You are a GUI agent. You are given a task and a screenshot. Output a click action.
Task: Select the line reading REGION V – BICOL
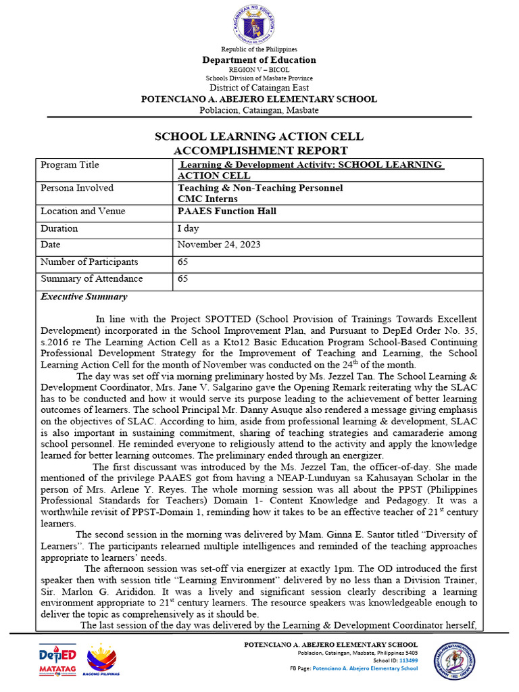click(x=259, y=70)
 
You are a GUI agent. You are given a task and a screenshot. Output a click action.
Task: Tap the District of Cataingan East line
click(x=259, y=88)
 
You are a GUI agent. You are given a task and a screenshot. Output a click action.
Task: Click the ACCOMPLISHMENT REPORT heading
click(x=259, y=150)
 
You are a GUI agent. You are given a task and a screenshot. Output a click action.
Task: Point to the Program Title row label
click(x=70, y=165)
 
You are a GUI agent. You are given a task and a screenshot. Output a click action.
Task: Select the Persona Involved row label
click(x=77, y=188)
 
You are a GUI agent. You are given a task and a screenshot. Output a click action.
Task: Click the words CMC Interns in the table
click(x=207, y=199)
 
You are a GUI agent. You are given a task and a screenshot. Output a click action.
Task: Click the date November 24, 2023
click(x=218, y=245)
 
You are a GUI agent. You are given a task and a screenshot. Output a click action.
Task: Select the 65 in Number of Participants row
click(x=182, y=262)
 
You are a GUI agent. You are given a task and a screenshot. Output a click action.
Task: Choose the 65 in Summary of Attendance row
click(x=182, y=278)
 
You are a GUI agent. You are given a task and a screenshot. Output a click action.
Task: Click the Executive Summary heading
click(x=84, y=297)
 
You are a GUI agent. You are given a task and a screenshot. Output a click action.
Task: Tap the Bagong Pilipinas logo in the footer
click(x=101, y=660)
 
